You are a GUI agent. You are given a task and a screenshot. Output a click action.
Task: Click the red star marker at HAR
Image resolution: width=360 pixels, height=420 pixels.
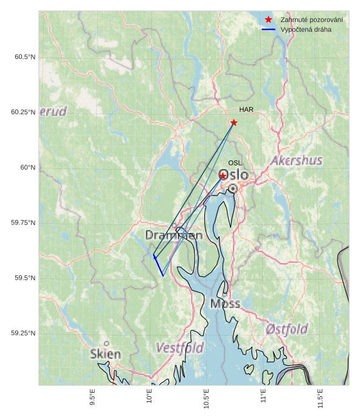pos(234,123)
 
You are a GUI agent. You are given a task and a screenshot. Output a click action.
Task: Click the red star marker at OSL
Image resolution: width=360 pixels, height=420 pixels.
pos(223,176)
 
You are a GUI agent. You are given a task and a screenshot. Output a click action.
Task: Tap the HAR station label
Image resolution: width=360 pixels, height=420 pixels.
pos(246,109)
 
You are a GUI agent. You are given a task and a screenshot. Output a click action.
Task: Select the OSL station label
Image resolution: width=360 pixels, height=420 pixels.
pos(235,163)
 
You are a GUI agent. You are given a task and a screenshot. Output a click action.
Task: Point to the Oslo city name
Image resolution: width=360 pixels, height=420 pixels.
pos(234,175)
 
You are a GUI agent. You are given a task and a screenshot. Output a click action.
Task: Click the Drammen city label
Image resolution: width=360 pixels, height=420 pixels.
pos(174,235)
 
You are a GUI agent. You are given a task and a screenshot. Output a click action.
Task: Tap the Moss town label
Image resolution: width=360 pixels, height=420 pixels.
pos(225,304)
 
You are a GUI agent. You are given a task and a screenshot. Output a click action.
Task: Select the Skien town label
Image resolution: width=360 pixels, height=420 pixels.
pos(106,354)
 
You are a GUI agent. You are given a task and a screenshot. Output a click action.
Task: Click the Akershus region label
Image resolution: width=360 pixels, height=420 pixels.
pos(297,161)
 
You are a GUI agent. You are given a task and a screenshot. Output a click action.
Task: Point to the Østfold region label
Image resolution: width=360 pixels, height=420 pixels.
pos(287,329)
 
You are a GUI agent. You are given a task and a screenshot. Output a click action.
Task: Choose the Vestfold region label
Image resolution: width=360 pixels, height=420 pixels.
pos(179,348)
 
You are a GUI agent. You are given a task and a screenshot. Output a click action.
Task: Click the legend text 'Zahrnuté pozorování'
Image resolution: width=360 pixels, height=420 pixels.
pos(311,20)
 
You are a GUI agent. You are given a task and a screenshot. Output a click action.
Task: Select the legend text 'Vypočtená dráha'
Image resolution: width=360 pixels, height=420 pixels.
pos(306,29)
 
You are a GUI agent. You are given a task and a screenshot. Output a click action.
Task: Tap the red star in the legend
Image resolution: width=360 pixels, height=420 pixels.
pos(268,20)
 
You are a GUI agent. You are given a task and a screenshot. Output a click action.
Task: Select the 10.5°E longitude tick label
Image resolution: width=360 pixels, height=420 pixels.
pos(207,398)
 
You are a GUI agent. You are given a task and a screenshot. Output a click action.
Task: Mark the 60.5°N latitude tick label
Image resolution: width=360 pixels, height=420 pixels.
pos(25,57)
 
